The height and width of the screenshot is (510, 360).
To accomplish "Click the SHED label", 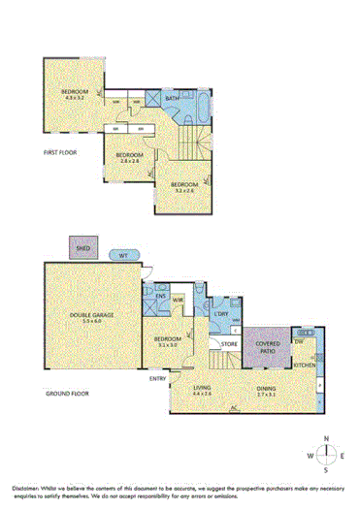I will pyautogui.click(x=83, y=247).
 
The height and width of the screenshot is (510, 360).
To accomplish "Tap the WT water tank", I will pyautogui.click(x=123, y=256).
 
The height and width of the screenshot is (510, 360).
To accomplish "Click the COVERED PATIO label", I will pyautogui.click(x=268, y=347).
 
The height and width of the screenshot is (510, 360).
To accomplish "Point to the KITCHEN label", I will pyautogui.click(x=305, y=365).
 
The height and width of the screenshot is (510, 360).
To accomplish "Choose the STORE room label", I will pyautogui.click(x=230, y=344).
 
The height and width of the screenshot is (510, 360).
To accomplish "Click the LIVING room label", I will pyautogui.click(x=203, y=389).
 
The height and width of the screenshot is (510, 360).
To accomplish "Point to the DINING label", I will pyautogui.click(x=266, y=389).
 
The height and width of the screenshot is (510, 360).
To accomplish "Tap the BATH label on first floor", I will pyautogui.click(x=171, y=98).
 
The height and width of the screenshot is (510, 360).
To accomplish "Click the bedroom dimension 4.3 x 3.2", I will pyautogui.click(x=75, y=99).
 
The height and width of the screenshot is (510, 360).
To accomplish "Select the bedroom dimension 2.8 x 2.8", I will pyautogui.click(x=130, y=161).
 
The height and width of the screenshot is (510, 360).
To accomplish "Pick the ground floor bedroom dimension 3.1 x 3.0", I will pyautogui.click(x=167, y=344).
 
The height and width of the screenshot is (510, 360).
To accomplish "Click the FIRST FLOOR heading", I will pyautogui.click(x=60, y=153).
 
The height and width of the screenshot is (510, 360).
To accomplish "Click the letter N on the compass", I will pyautogui.click(x=327, y=438).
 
